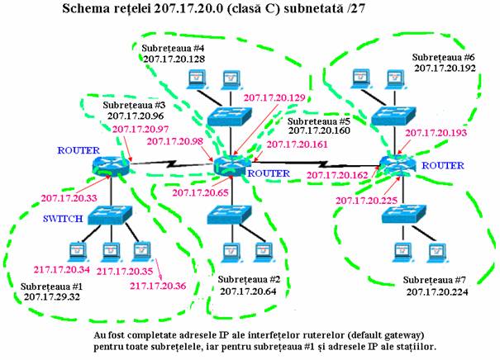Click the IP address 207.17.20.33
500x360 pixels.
point(69,199)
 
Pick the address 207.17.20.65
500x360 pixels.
point(200,192)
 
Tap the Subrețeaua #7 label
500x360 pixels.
point(440,281)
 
